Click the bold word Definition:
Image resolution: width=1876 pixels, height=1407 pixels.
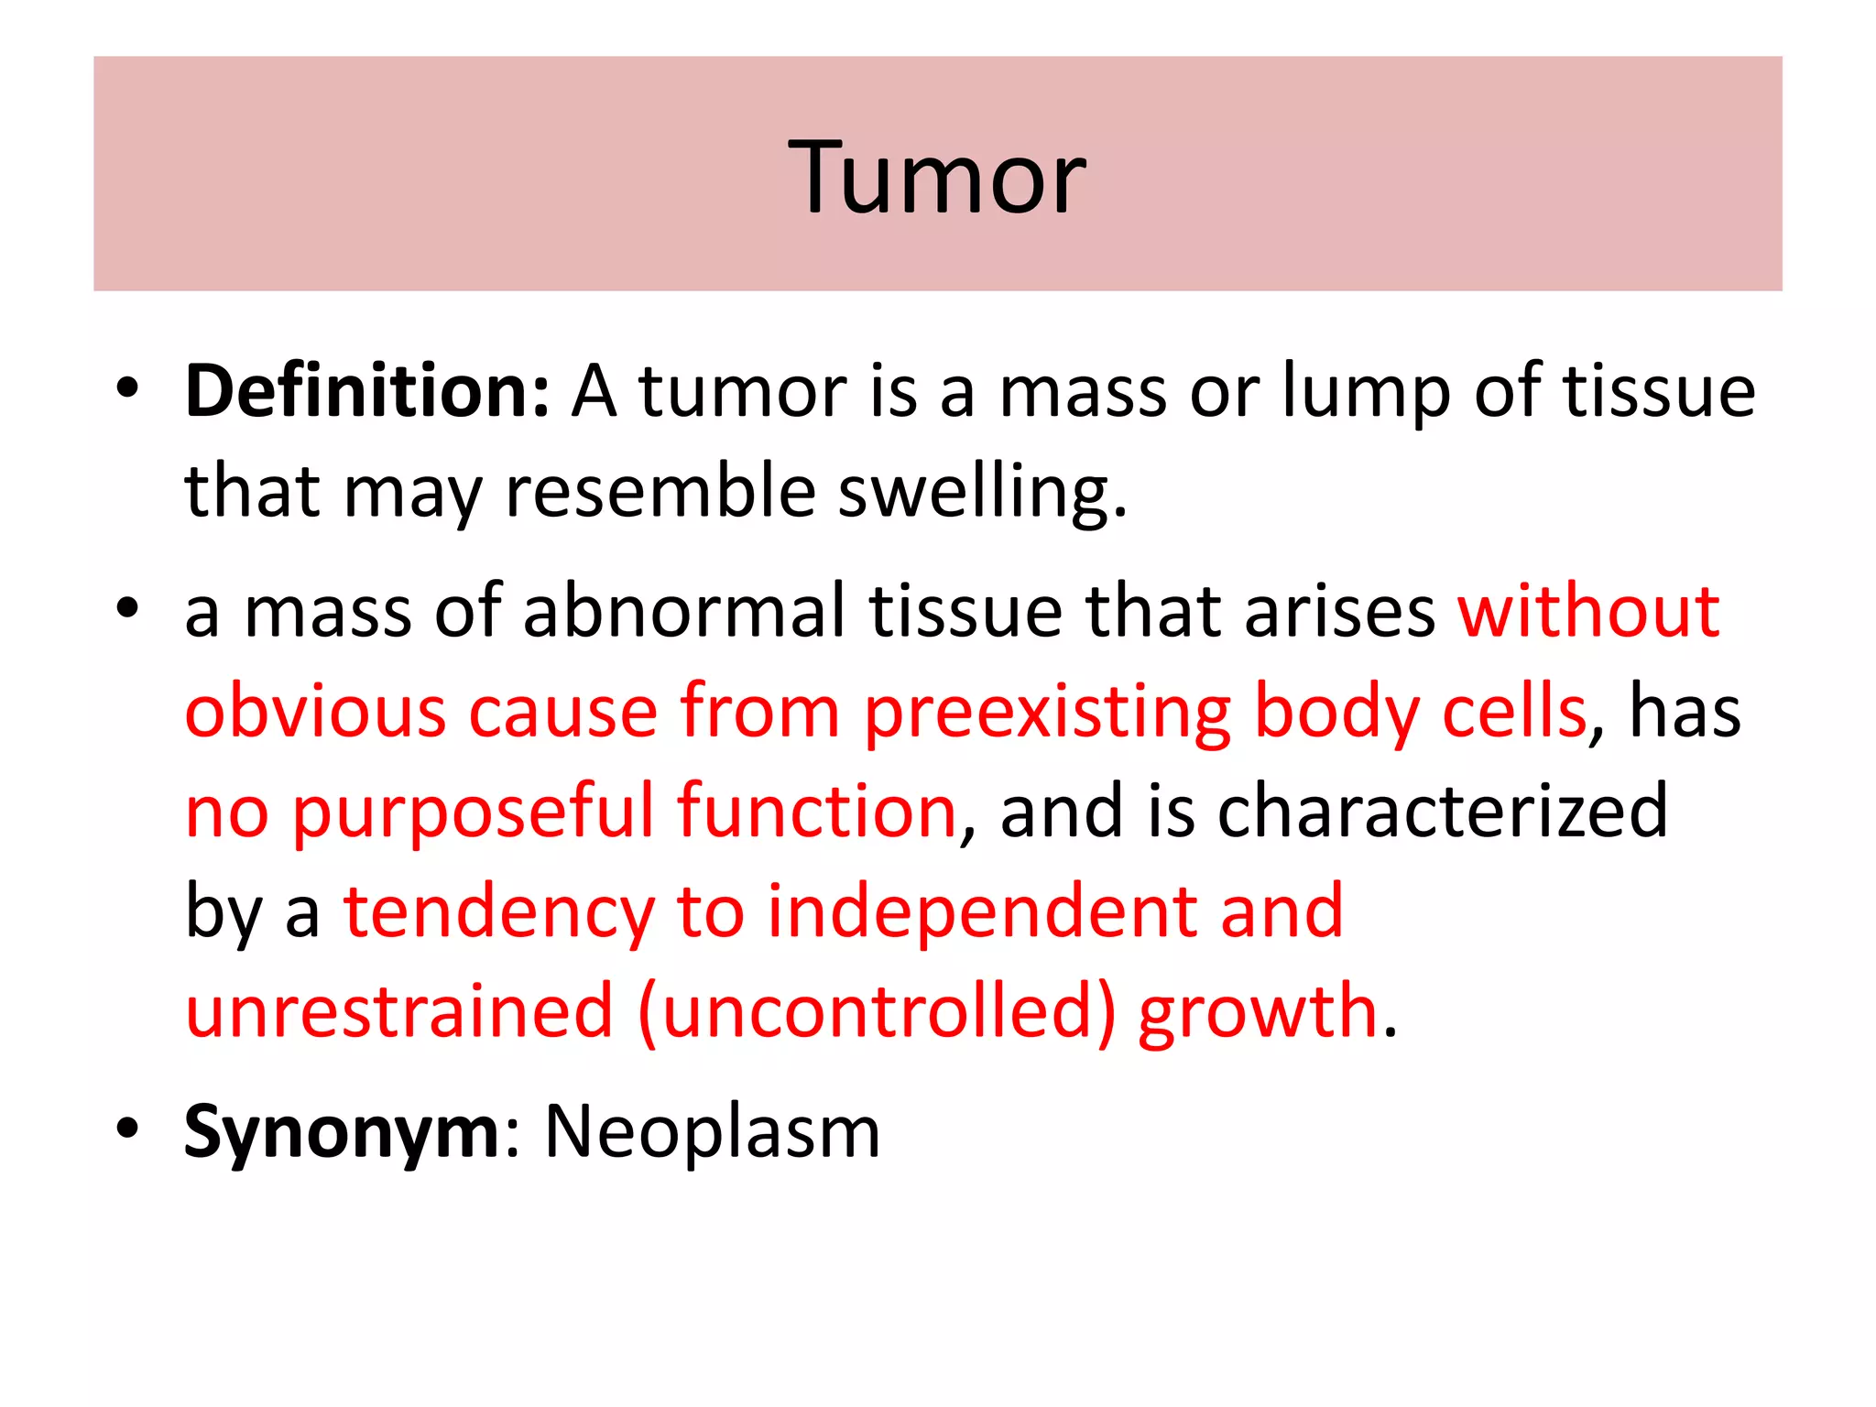(x=367, y=391)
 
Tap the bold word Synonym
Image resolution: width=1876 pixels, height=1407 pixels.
(x=342, y=1133)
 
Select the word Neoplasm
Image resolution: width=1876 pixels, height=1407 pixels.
(x=712, y=1133)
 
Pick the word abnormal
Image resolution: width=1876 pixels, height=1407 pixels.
(x=683, y=611)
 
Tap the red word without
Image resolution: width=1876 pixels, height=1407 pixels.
(x=1588, y=611)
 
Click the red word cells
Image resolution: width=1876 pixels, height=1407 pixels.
(x=1513, y=711)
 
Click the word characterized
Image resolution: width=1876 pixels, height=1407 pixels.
(x=1442, y=812)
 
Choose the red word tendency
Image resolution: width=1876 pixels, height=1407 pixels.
(x=499, y=913)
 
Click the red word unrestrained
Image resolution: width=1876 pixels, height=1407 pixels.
(x=399, y=1011)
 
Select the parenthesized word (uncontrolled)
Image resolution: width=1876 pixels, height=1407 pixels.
(x=877, y=1011)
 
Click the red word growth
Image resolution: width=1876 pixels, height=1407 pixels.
(x=1258, y=1013)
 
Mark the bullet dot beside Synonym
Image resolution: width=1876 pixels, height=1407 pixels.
(x=127, y=1129)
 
